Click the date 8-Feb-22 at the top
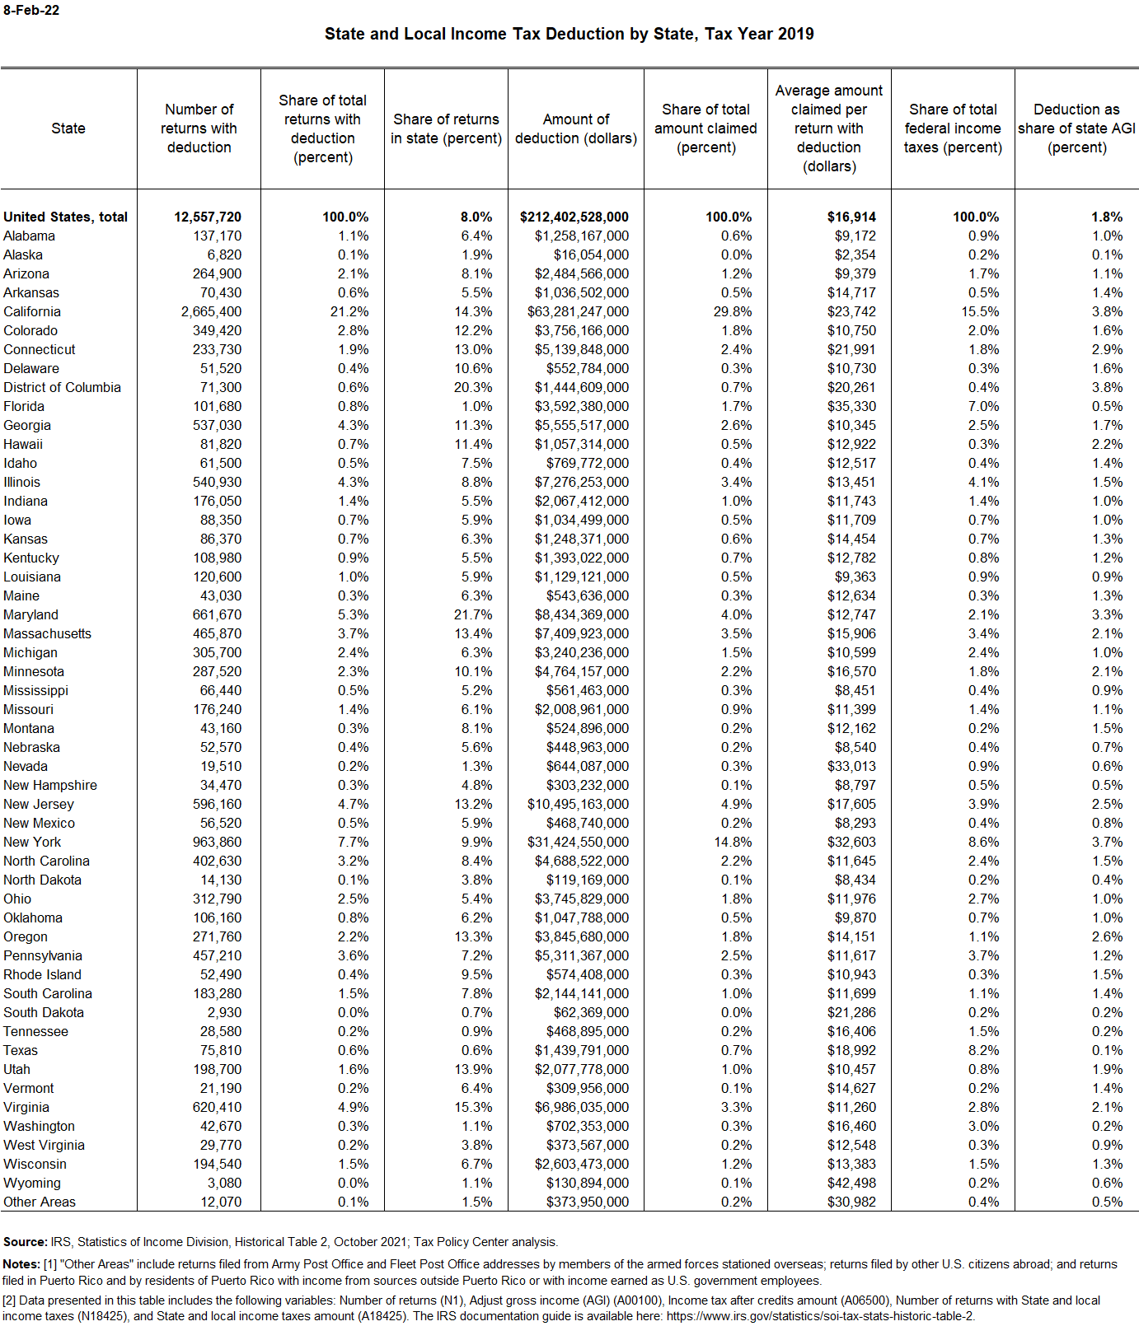[x=31, y=11]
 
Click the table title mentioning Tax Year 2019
[x=569, y=34]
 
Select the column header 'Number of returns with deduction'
[x=199, y=128]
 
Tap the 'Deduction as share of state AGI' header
[x=1076, y=128]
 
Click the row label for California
[x=32, y=311]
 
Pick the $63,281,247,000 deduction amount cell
[x=578, y=311]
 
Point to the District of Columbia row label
[x=62, y=387]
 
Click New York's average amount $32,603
[x=851, y=842]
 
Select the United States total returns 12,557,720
[x=208, y=217]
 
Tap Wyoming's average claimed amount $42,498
[x=851, y=1183]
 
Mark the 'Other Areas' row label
[x=40, y=1202]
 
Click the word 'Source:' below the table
[x=26, y=1242]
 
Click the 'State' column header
[x=68, y=128]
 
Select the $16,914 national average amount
[x=851, y=217]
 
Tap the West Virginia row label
[x=44, y=1145]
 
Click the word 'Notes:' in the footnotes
[x=22, y=1264]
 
